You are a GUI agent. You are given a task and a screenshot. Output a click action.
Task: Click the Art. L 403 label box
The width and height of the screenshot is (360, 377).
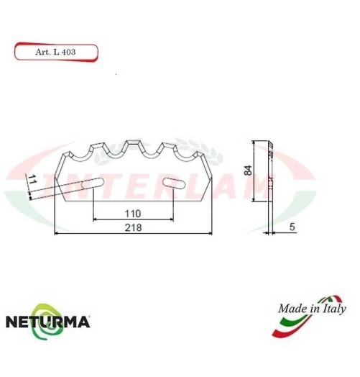(55, 52)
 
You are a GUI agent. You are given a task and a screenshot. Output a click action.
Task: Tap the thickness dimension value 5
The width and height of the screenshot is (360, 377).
(292, 227)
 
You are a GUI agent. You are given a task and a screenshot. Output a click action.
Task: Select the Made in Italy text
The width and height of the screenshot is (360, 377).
(310, 309)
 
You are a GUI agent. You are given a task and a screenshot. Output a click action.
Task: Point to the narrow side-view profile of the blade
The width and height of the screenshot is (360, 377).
(268, 183)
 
